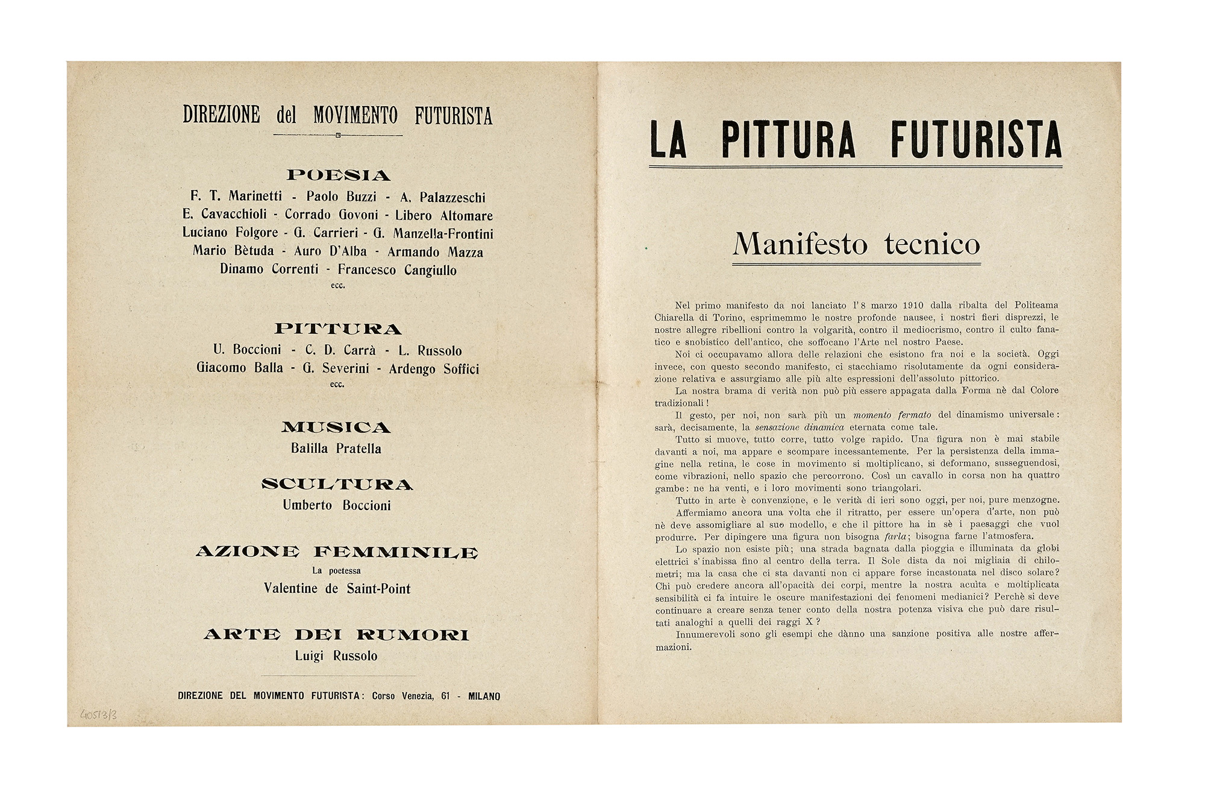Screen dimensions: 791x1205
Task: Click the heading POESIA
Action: pos(338,175)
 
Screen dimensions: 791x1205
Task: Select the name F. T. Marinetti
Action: pos(236,196)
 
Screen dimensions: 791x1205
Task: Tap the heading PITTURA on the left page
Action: pos(338,329)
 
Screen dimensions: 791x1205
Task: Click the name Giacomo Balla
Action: pos(239,368)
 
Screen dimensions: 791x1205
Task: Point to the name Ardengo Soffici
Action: pos(434,368)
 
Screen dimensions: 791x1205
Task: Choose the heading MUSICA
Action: pos(336,427)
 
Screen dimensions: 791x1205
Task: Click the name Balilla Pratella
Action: pos(336,449)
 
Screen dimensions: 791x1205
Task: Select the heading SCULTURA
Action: pos(337,485)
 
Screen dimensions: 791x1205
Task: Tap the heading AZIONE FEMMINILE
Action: pos(337,552)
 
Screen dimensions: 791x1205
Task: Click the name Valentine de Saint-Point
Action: pos(337,588)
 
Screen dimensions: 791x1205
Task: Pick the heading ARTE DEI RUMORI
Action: pos(336,635)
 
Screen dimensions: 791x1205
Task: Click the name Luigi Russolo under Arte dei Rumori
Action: pos(336,656)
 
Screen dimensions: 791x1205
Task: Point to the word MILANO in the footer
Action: pos(484,696)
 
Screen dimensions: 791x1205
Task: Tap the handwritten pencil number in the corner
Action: pos(99,716)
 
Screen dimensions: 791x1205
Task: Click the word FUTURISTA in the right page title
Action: pos(976,140)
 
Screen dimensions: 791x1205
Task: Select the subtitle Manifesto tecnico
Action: pos(856,244)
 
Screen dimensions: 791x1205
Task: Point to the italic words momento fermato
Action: pos(892,415)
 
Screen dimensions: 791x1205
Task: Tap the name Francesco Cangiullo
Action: pos(397,269)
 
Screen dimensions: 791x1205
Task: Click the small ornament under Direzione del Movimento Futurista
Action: pos(338,135)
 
